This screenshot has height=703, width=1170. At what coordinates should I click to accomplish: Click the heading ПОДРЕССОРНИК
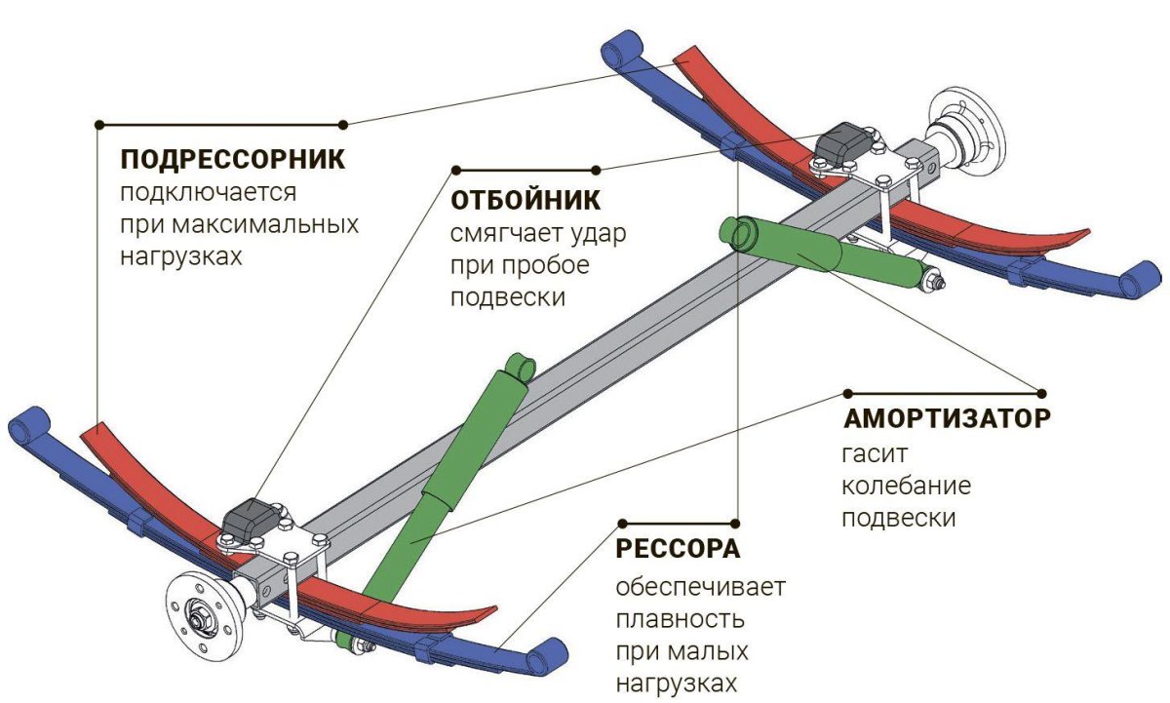[232, 158]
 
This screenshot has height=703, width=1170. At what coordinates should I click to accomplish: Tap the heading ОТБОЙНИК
[526, 200]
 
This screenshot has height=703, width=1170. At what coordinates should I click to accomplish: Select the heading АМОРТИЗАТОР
[947, 420]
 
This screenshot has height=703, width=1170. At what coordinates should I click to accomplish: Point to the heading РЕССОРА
[678, 549]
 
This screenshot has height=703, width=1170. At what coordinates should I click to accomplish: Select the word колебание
[906, 486]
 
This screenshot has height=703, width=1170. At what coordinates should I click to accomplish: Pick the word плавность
[680, 618]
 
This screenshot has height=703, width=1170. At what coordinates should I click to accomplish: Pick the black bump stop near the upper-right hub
[840, 144]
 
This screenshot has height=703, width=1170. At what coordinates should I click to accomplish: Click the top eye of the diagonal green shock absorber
[519, 368]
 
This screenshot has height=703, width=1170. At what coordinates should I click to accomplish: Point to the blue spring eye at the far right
[1135, 283]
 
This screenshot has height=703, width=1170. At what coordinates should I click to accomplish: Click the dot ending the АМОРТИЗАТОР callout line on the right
[1041, 393]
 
